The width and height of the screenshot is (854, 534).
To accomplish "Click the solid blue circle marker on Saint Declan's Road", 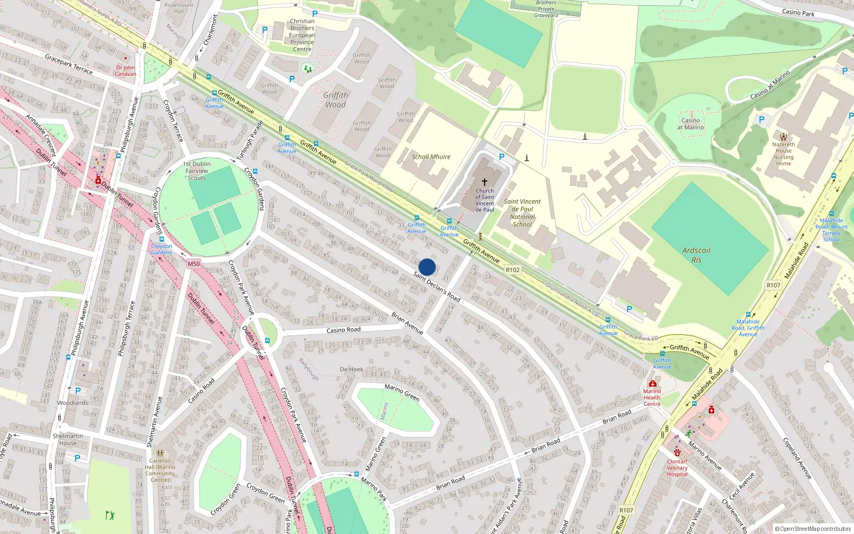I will coord(427,267).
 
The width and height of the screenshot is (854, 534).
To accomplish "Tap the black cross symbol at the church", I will coord(485,182).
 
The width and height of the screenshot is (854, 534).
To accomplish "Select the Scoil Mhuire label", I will coord(431,157).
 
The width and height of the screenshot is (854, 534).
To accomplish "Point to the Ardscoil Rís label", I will coord(696,255).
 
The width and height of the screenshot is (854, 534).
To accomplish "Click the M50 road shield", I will coord(194,264).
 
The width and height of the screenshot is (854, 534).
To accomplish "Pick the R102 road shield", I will coord(512,270).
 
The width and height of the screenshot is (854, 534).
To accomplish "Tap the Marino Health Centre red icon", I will coord(652,384).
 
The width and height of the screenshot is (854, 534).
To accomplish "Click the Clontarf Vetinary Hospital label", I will coord(677,468).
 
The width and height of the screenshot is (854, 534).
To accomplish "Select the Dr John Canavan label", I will coord(125,70).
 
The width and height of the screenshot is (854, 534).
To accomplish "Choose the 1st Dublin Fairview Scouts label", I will coord(196,171).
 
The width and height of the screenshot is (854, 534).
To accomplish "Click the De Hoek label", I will coord(351,370).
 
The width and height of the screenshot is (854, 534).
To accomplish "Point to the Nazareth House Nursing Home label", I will coord(784,154).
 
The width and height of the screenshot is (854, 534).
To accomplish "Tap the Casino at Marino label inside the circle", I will coord(691,124).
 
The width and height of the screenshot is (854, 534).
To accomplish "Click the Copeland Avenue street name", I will coord(797,458).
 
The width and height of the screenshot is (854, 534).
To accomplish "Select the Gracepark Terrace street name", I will coord(68,64).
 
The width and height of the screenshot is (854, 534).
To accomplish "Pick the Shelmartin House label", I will coord(68,439).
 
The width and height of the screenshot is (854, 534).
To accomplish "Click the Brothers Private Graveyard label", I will coord(546,9).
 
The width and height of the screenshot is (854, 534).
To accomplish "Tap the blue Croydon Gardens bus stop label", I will coord(161,249).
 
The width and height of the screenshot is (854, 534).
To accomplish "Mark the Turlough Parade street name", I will coord(250,141).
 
